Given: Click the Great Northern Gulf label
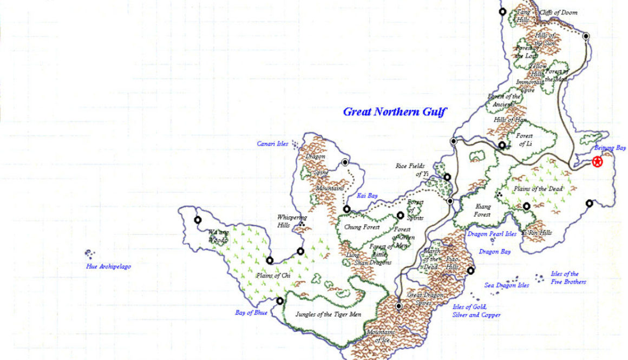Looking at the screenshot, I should click(x=395, y=112).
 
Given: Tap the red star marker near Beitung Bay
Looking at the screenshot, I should click(x=597, y=161).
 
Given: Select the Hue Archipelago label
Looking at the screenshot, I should click(x=108, y=266).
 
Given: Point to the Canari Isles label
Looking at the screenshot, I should click(x=273, y=144).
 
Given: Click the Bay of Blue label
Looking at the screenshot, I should click(x=251, y=312).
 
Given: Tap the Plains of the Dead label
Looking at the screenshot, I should click(x=538, y=189).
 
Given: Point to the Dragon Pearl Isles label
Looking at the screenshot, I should click(x=492, y=234).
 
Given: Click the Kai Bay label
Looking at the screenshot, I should click(x=367, y=195).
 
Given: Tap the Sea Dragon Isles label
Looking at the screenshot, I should click(x=506, y=285).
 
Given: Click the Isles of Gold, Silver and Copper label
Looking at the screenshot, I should click(x=476, y=311).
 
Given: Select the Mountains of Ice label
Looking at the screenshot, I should click(x=381, y=336).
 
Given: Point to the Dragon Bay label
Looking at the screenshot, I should click(x=495, y=252).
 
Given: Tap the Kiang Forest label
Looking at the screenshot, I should click(x=482, y=210).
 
